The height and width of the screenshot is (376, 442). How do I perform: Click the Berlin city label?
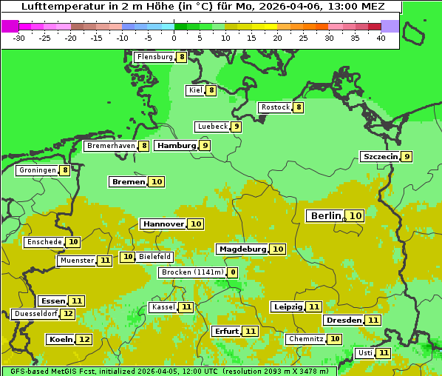pos(325,215)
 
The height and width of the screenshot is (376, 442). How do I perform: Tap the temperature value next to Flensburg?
pos(182,56)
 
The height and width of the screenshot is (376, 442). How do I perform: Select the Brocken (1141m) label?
pos(191,272)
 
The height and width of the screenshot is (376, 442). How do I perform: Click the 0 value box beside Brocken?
pos(233,272)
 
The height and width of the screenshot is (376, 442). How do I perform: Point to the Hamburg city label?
pos(177,146)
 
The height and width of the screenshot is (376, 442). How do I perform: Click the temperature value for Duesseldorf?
pos(68,314)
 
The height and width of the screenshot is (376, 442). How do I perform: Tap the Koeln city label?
pos(60,340)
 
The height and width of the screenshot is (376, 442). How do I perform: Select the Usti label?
pos(364,353)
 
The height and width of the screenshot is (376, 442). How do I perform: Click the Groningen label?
pos(37,170)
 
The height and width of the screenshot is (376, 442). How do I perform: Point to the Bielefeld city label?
pos(154,257)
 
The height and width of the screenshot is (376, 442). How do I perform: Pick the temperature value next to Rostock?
pos(299,107)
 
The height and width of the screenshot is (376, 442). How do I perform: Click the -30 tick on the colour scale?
pos(19,38)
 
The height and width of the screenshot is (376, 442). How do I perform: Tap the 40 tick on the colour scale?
pos(381,38)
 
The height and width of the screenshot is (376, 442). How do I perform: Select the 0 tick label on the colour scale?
pos(174,38)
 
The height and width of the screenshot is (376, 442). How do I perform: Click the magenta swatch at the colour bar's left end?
pos(10,26)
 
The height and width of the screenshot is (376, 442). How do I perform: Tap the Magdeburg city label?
pos(242,249)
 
